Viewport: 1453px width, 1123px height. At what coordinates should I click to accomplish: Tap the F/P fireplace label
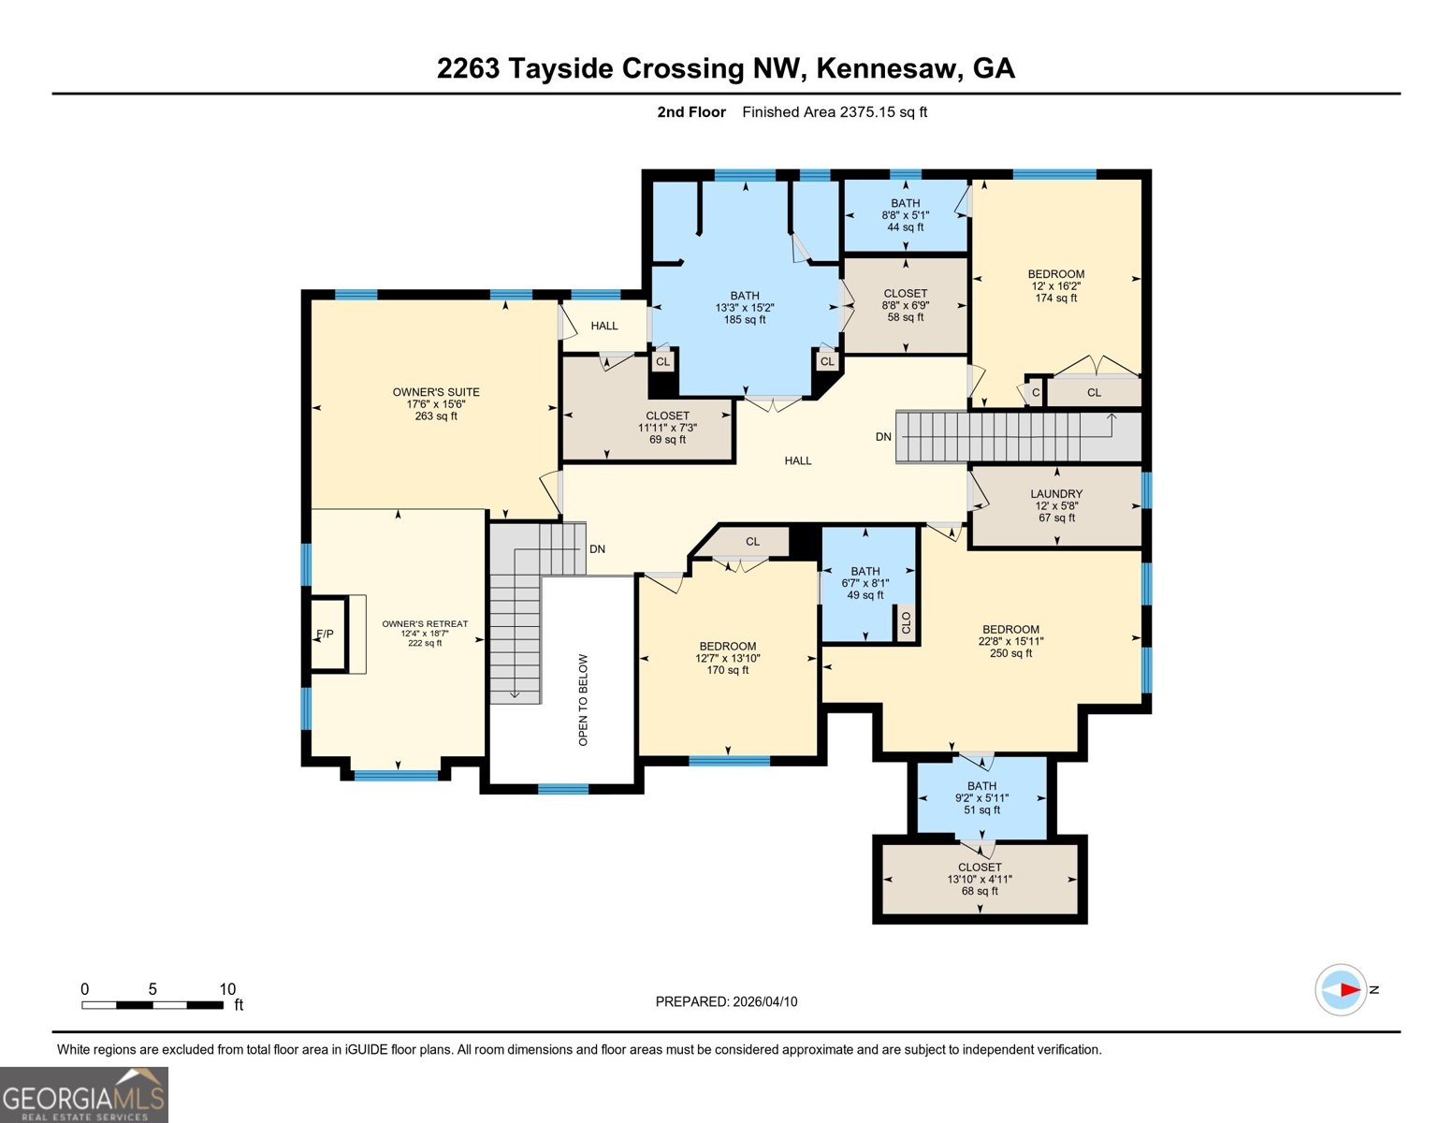(x=325, y=634)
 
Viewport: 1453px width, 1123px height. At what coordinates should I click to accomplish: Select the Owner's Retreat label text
(x=425, y=624)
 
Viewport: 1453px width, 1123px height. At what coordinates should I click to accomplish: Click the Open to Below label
(x=584, y=699)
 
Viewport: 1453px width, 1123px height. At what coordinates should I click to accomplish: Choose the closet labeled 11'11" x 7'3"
(x=667, y=428)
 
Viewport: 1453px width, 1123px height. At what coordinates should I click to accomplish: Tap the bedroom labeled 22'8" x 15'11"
(x=1010, y=641)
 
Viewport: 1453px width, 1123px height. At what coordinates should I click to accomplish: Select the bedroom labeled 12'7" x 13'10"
(x=727, y=658)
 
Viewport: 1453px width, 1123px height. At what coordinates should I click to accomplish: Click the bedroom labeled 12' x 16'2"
(x=1055, y=286)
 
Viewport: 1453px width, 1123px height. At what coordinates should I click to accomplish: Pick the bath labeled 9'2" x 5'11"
(x=981, y=798)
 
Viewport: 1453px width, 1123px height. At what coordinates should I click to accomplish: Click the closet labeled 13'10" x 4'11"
(x=980, y=879)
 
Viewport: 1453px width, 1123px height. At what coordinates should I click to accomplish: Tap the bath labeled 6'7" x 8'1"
(x=865, y=583)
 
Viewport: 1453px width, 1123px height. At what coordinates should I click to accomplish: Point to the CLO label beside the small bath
(x=906, y=622)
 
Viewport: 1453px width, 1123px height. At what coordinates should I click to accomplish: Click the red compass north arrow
(x=1348, y=989)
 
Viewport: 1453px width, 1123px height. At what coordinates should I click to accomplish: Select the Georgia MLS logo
(x=83, y=1095)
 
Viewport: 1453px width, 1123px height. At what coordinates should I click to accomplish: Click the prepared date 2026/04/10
(x=726, y=1001)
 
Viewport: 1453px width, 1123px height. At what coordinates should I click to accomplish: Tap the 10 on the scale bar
(x=227, y=989)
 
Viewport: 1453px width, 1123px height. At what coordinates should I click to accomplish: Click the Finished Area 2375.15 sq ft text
(x=835, y=112)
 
